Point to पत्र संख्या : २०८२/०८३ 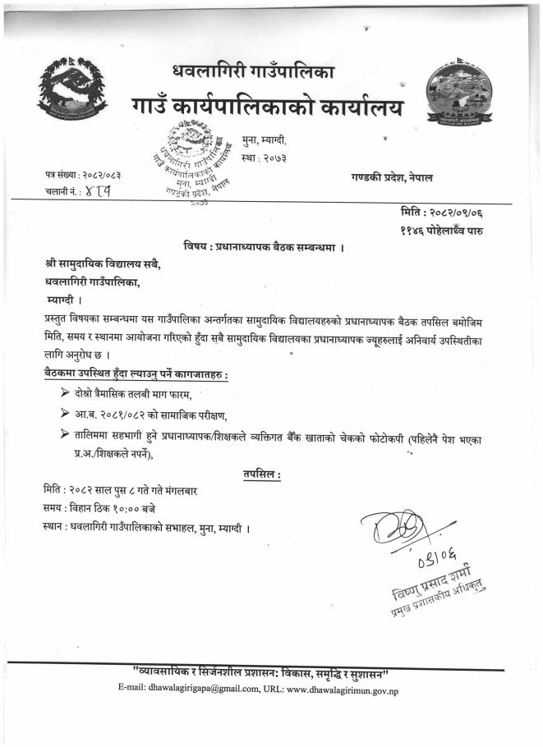[x=83, y=175]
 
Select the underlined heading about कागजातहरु [x=136, y=374]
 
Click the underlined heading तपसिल [x=263, y=473]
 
